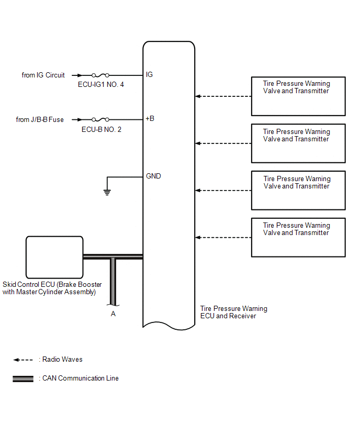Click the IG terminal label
click(x=149, y=75)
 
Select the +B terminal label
click(x=150, y=119)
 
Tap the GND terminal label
click(x=153, y=176)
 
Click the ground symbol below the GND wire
click(x=107, y=192)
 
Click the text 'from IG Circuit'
click(x=43, y=75)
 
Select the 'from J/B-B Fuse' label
click(x=40, y=120)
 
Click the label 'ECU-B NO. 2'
click(x=102, y=129)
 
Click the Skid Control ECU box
click(x=54, y=256)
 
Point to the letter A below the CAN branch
click(x=113, y=314)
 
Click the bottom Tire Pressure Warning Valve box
click(x=298, y=237)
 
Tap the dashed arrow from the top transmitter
click(x=223, y=96)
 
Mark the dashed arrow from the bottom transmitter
click(x=223, y=238)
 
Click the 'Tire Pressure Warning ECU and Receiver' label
click(x=233, y=313)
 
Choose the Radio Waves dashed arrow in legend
click(x=23, y=360)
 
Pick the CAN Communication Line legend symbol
click(x=23, y=379)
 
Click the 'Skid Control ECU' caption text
click(x=52, y=288)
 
